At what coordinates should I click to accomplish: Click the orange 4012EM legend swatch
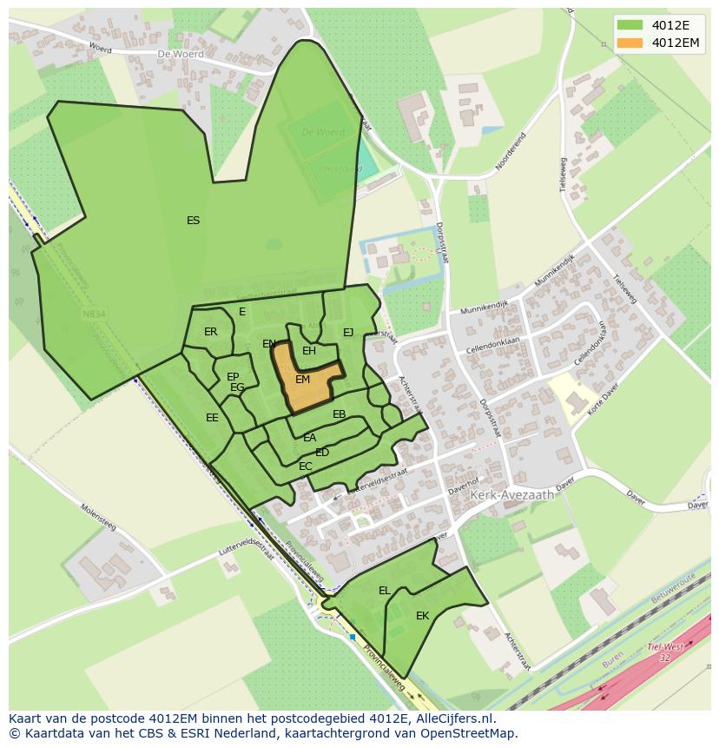(x=630, y=43)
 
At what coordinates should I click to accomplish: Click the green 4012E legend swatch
(x=630, y=24)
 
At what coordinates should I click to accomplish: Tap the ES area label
(x=193, y=221)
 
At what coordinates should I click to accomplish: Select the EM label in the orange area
(x=302, y=380)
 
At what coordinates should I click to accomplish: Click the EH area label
(x=308, y=351)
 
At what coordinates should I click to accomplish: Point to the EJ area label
(x=348, y=332)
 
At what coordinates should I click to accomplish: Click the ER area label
(x=210, y=332)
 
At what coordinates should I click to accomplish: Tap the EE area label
(x=212, y=418)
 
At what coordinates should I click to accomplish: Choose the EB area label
(x=339, y=414)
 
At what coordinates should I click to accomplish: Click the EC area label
(x=305, y=467)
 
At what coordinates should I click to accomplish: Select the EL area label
(x=384, y=591)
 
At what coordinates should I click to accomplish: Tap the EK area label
(x=422, y=616)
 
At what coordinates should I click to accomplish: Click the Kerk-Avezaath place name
(x=511, y=494)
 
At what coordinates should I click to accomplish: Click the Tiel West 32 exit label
(x=665, y=652)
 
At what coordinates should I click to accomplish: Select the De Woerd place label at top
(x=181, y=54)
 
